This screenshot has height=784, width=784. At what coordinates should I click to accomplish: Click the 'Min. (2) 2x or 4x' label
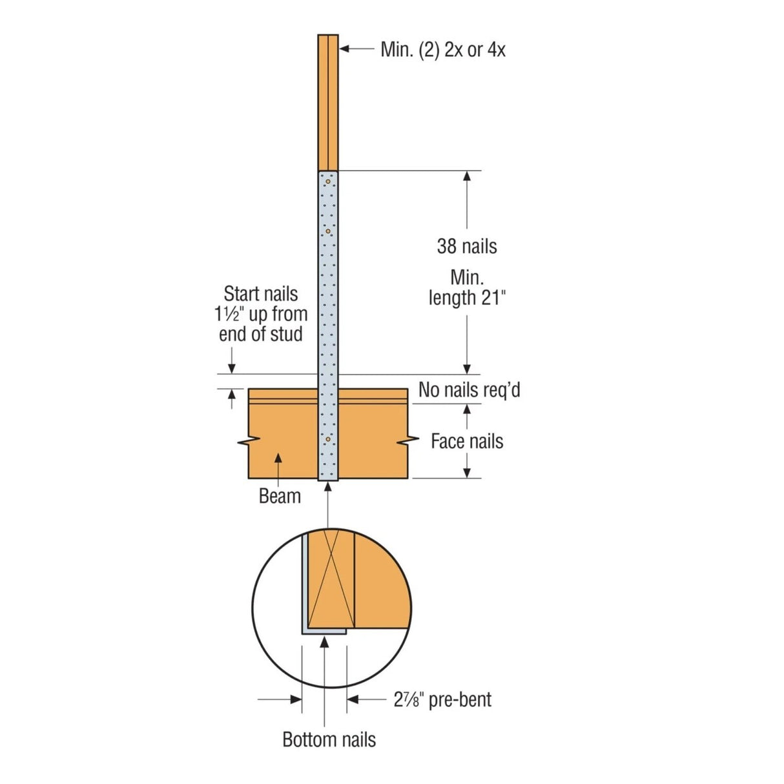(442, 50)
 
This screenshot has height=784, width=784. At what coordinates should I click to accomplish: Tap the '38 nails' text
(467, 246)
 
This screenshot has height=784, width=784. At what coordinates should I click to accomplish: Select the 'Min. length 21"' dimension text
(467, 287)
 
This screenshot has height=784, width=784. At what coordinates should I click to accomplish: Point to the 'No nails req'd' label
(469, 390)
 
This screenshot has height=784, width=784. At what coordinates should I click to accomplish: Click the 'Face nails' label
(467, 441)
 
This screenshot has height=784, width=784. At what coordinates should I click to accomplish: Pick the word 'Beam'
(280, 496)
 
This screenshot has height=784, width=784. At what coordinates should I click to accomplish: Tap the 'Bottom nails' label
(329, 739)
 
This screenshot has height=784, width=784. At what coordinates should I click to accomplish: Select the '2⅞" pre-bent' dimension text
(442, 699)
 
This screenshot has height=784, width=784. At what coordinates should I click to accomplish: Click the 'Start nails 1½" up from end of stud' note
(261, 314)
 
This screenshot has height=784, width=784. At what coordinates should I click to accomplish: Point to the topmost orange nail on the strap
(327, 181)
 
